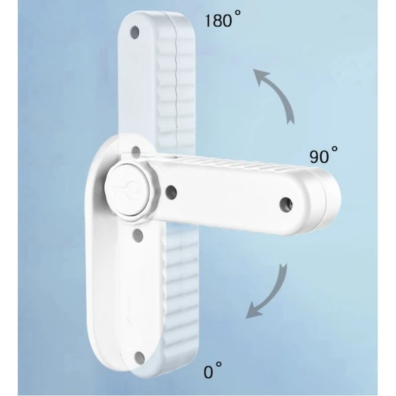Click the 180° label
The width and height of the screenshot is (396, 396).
[223, 19]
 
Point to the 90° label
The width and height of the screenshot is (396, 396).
[324, 155]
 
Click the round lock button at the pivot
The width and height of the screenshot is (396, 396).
[127, 190]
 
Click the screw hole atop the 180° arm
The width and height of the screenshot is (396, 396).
[134, 32]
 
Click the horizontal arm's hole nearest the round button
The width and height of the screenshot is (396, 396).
[171, 192]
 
